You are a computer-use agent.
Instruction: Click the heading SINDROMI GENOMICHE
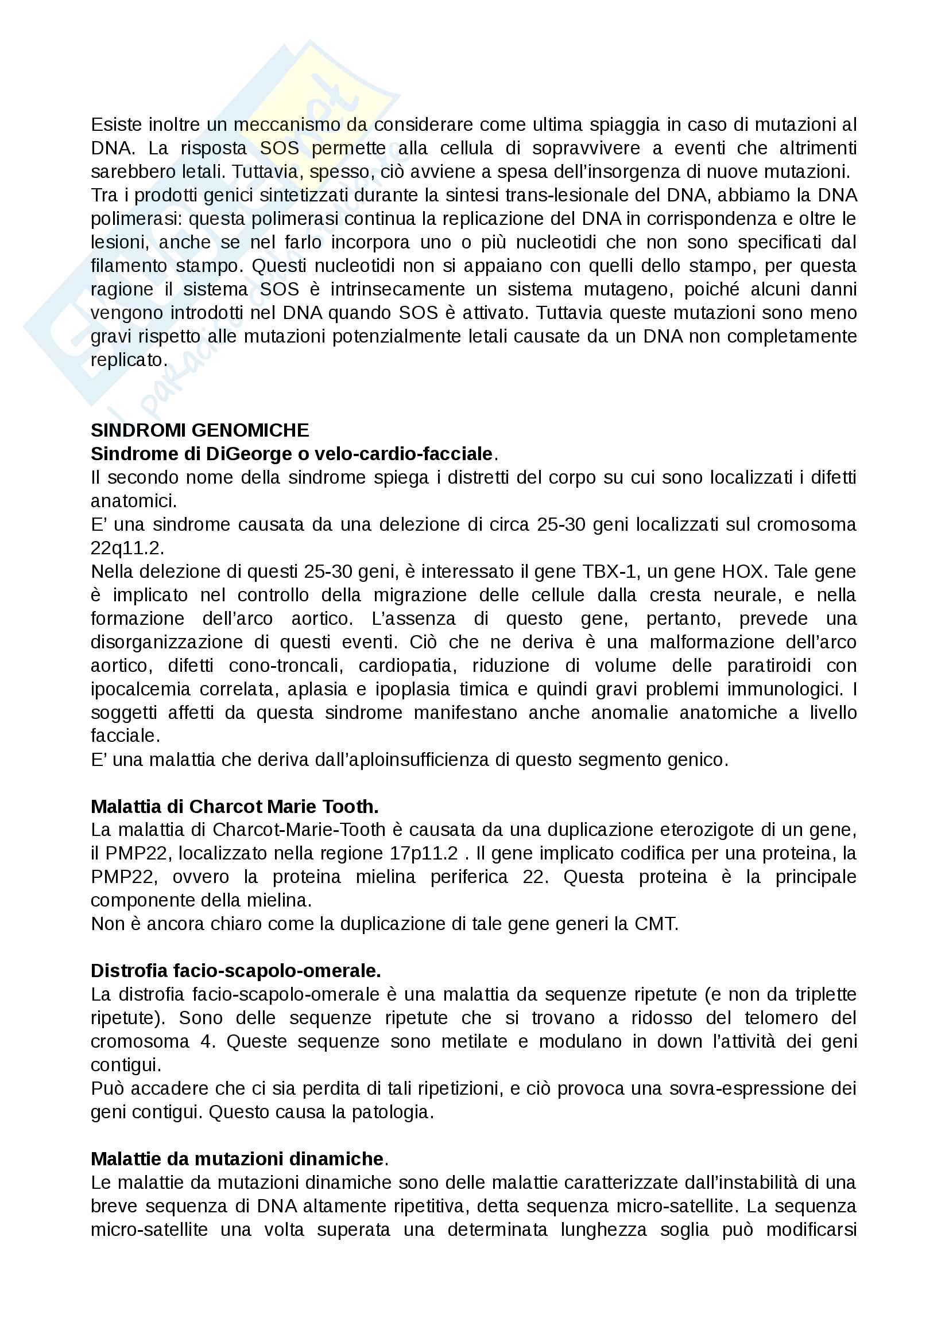click(x=199, y=430)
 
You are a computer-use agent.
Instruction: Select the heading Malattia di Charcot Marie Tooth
click(x=234, y=807)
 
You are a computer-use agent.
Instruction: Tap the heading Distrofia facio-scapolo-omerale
click(x=235, y=971)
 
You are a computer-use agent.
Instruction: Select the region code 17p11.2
click(x=424, y=853)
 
